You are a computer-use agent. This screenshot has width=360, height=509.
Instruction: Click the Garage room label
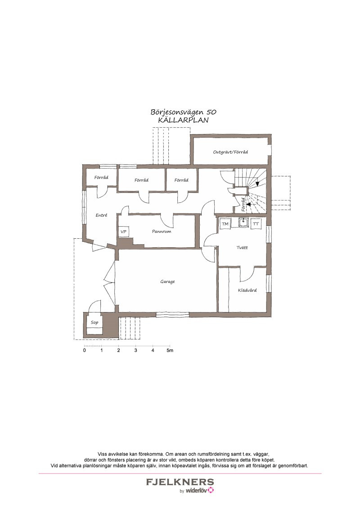[x=167, y=282]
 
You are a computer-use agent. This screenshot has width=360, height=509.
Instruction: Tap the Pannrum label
[x=162, y=232]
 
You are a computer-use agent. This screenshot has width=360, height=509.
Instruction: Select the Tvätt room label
[x=242, y=247]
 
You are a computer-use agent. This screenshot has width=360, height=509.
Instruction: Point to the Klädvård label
[x=247, y=290]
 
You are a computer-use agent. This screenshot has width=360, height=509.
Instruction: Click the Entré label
[x=101, y=215]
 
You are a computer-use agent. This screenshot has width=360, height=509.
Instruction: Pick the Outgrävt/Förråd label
[x=230, y=152]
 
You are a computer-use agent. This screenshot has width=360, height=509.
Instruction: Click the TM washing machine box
[x=225, y=223]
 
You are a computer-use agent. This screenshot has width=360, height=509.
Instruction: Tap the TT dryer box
[x=256, y=223]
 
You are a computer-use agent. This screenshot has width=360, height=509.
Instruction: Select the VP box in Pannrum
[x=123, y=232]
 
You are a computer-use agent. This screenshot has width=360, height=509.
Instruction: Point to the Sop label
[x=94, y=322]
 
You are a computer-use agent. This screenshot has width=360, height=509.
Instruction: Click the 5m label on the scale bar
[x=170, y=350]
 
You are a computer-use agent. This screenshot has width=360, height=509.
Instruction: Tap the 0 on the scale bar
[x=85, y=350]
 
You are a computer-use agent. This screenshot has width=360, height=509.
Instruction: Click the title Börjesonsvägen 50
[x=183, y=112]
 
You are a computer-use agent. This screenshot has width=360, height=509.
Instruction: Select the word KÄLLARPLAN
[x=183, y=120]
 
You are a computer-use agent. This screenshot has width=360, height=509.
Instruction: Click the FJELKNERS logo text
[x=180, y=482]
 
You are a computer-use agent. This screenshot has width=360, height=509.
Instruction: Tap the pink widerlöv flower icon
[x=211, y=490]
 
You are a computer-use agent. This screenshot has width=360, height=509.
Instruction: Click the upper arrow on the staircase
[x=258, y=183]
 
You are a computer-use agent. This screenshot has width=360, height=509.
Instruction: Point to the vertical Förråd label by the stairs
[x=243, y=205]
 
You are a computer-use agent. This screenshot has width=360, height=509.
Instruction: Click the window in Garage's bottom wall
[x=172, y=314]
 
